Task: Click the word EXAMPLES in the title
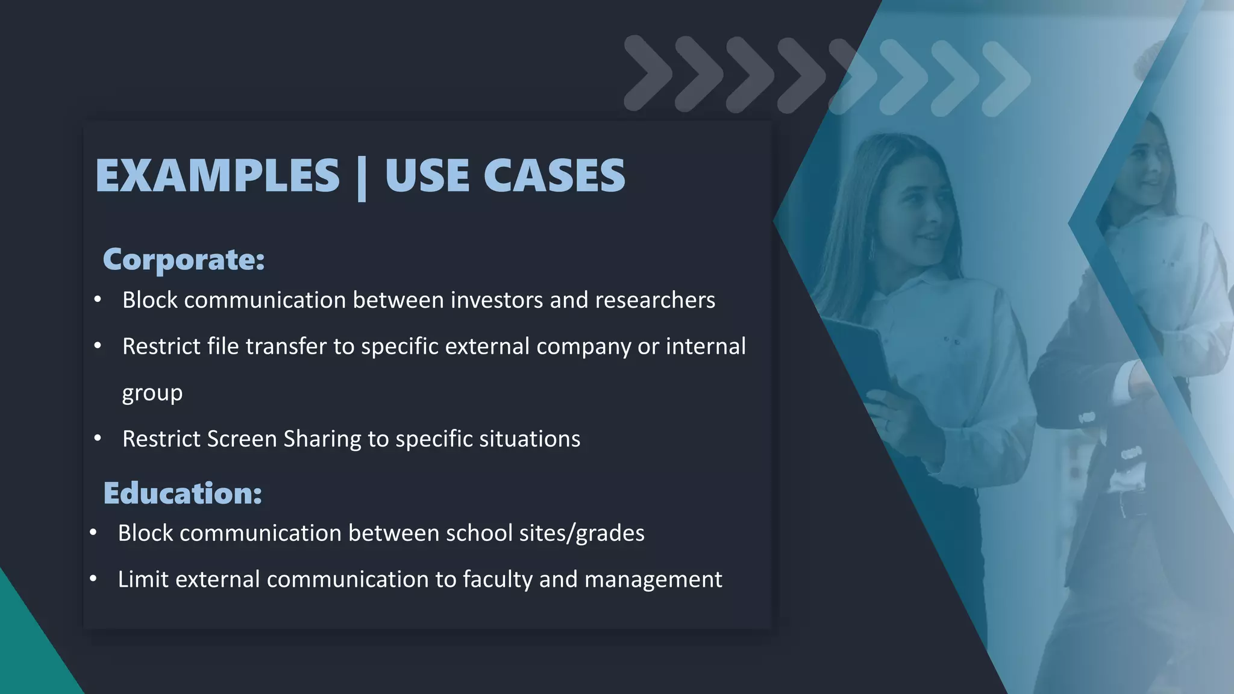point(218,175)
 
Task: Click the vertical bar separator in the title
point(362,178)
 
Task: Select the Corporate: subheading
point(184,260)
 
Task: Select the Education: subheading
point(183,493)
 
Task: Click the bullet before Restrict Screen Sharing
point(98,439)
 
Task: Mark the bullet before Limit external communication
point(93,580)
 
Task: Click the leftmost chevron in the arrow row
point(647,73)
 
